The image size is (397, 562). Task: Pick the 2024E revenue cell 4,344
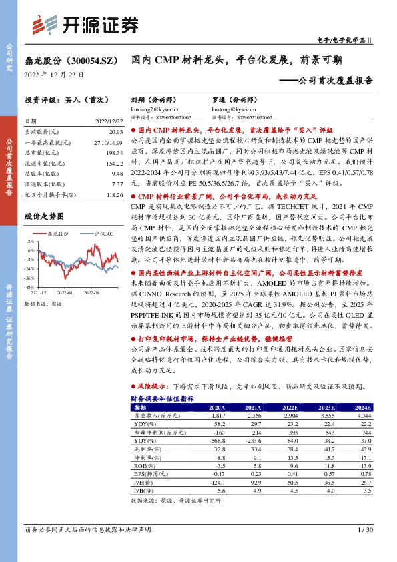364,415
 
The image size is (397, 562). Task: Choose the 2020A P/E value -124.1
216,482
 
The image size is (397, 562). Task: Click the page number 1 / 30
365,529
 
